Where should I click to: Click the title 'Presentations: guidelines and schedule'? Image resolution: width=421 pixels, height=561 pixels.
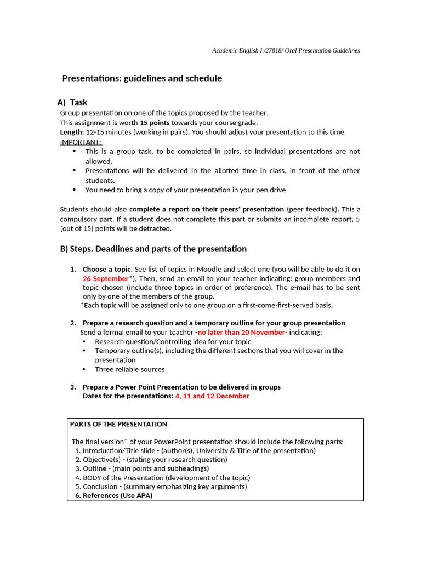142,78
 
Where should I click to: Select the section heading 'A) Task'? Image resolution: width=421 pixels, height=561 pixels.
72,102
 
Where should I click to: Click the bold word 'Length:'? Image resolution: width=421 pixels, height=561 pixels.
72,133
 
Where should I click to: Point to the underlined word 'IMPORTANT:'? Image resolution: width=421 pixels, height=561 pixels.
81,142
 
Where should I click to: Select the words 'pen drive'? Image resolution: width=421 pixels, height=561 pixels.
270,190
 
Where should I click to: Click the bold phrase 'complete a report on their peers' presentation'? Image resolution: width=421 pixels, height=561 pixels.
207,209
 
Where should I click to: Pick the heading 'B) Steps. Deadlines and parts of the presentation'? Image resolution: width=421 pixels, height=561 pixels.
153,249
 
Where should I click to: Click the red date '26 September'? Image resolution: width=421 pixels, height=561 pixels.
105,278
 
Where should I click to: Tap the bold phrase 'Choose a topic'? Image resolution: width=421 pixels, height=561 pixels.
107,269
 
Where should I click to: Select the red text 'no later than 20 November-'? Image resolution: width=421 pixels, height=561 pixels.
242,332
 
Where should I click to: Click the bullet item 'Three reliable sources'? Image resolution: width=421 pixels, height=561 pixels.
129,369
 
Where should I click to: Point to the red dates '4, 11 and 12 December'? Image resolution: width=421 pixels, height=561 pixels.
212,396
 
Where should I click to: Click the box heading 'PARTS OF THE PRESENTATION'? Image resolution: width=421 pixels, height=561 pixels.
118,424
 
